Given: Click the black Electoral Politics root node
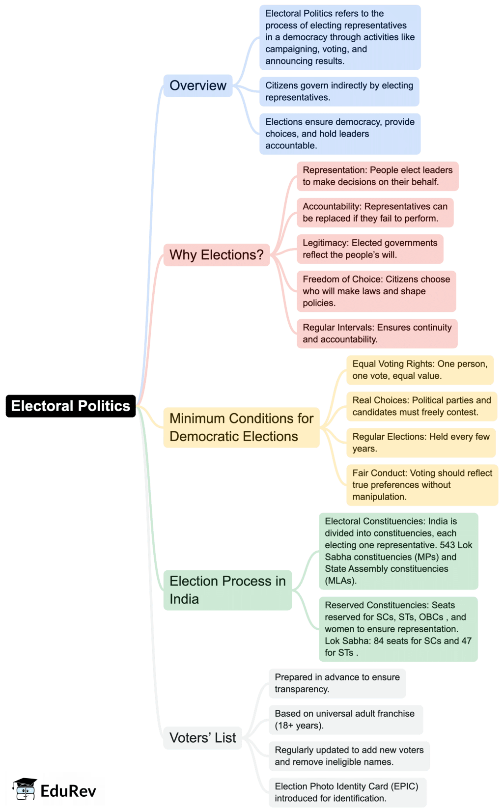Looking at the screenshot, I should (x=70, y=406).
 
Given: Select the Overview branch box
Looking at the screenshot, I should (x=197, y=85).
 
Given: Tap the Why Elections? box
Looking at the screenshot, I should (x=216, y=255).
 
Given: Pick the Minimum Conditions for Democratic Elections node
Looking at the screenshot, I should (x=241, y=427).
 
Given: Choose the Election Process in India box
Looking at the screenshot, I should (x=227, y=590).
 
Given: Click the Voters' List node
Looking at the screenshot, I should (x=202, y=738).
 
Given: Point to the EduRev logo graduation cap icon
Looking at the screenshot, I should (x=25, y=789).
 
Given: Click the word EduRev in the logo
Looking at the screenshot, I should (x=68, y=791).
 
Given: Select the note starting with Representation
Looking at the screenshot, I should (x=377, y=176).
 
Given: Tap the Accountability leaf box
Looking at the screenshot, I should (x=375, y=212).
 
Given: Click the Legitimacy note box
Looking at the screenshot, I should (x=370, y=249).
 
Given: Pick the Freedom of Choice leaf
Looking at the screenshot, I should (x=376, y=291).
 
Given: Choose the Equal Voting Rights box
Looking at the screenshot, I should (x=420, y=370).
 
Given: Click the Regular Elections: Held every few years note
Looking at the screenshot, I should (x=421, y=443).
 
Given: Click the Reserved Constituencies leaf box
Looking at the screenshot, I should (x=398, y=629).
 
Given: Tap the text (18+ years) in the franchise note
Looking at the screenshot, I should (x=299, y=726).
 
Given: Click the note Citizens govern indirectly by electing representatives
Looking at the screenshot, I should (x=339, y=91).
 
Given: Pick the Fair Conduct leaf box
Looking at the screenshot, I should (x=422, y=485).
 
